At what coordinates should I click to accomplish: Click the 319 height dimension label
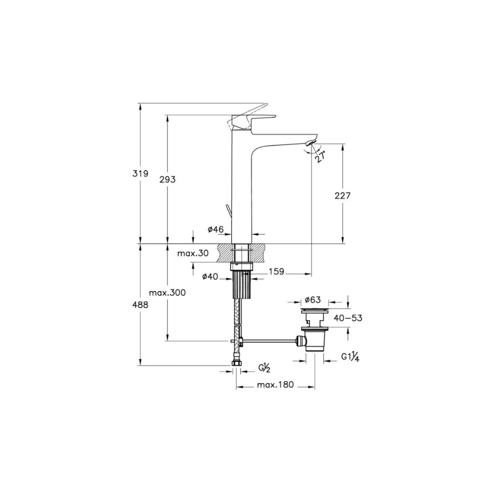pos(140,173)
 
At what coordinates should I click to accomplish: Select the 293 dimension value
pos(167,180)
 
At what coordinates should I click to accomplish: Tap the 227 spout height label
pos(342,196)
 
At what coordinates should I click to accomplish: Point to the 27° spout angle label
pos(321,156)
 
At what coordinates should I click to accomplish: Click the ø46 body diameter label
pos(215,229)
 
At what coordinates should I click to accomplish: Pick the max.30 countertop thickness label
pos(193,253)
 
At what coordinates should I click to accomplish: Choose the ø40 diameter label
pos(210,276)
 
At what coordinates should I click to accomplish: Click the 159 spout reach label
pos(276,271)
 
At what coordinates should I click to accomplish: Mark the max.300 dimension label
pos(167,292)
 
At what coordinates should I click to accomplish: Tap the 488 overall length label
pos(140,305)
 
